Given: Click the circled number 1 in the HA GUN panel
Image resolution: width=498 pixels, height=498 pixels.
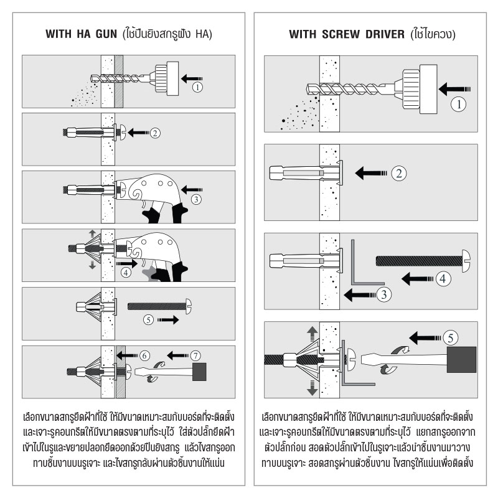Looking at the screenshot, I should point(197,87).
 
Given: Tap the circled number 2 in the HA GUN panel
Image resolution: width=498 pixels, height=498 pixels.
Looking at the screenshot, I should point(156,132).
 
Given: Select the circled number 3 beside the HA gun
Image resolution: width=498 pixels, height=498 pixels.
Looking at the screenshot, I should point(195,199).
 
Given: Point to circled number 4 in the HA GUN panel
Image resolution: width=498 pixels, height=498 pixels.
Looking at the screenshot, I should point(126,272).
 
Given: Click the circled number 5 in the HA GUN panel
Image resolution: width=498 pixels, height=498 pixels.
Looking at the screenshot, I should point(148,320).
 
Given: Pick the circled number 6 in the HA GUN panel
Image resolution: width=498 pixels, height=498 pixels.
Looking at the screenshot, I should point(144,355).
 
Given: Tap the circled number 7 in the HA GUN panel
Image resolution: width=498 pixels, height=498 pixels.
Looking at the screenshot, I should point(196,355).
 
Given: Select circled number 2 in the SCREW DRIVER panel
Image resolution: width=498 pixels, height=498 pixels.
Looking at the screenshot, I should point(399,172).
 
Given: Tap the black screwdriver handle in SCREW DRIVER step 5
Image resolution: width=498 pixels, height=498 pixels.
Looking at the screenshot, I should point(461,360).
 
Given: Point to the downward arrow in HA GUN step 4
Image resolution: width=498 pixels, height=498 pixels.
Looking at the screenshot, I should point(92,265).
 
